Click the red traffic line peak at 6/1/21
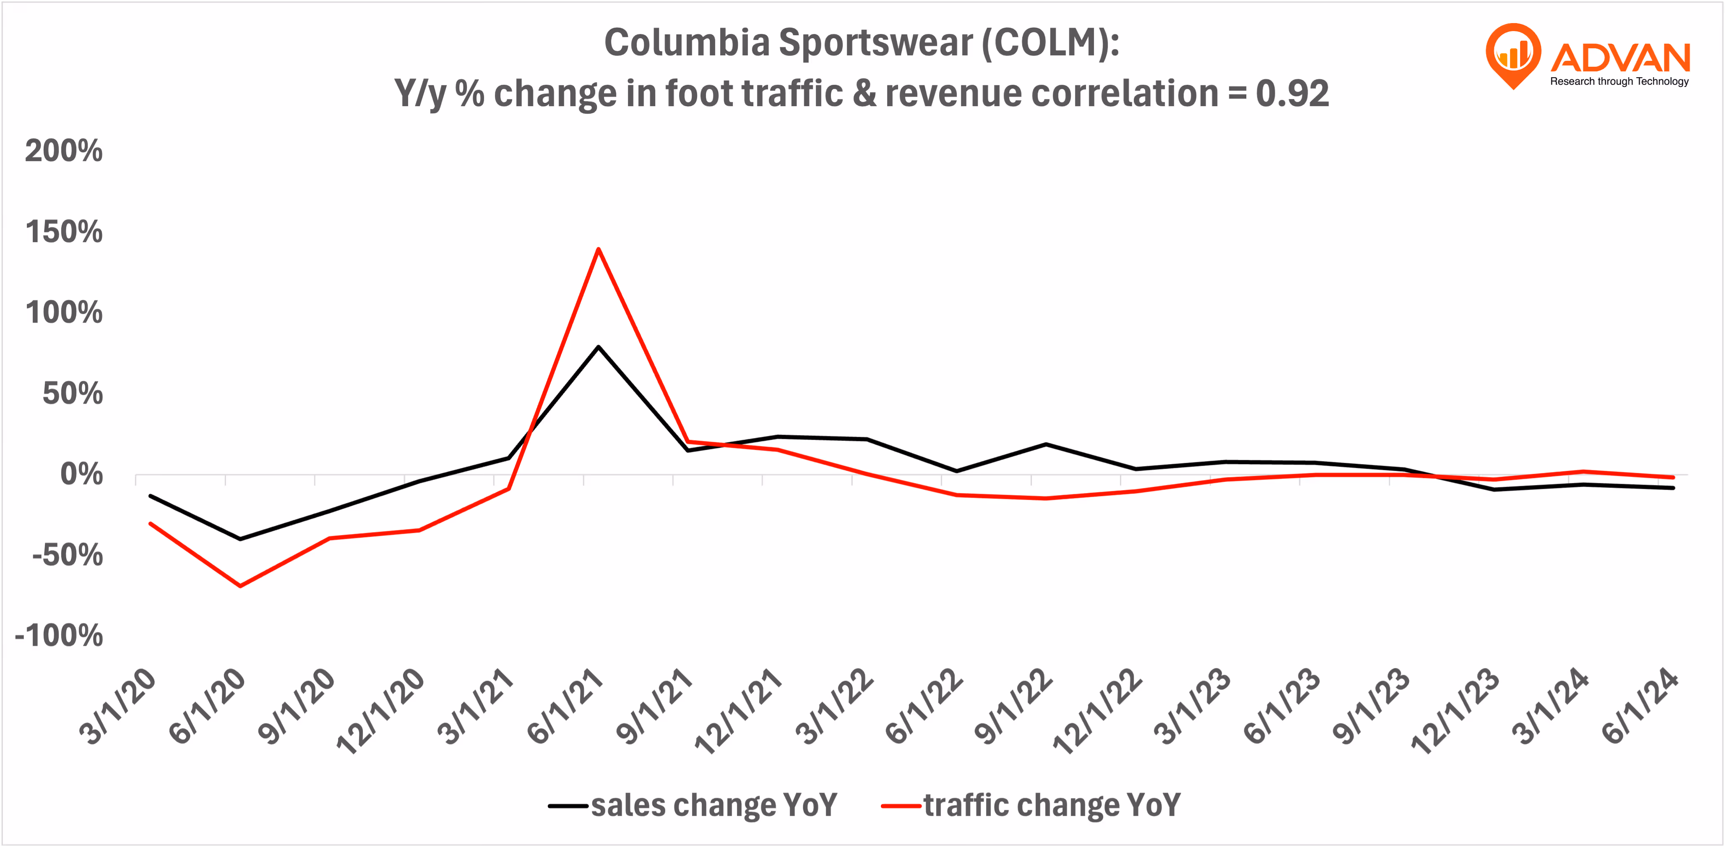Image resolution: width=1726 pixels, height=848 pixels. pyautogui.click(x=598, y=249)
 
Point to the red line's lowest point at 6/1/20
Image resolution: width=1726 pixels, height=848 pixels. pyautogui.click(x=240, y=586)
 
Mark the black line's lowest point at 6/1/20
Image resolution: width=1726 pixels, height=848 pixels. pyautogui.click(x=240, y=539)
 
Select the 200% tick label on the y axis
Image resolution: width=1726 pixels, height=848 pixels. pyautogui.click(x=64, y=151)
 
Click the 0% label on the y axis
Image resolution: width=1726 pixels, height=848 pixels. pyautogui.click(x=81, y=475)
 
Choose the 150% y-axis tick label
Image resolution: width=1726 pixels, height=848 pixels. pyautogui.click(x=64, y=232)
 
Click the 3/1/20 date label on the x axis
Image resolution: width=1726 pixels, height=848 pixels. pyautogui.click(x=118, y=707)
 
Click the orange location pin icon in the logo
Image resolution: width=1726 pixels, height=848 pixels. pyautogui.click(x=1513, y=54)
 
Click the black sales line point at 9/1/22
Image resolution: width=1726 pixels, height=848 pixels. pyautogui.click(x=1045, y=444)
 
